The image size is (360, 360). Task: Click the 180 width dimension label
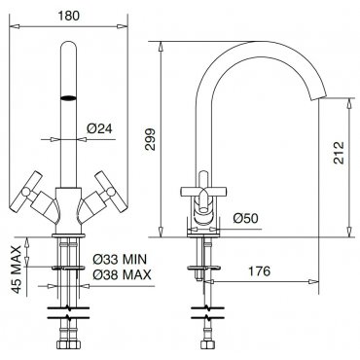(x=68, y=15)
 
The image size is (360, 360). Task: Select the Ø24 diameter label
(x=99, y=128)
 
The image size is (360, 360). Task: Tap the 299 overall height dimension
(x=150, y=139)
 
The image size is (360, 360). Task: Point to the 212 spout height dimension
(x=339, y=153)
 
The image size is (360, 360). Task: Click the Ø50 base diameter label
(x=246, y=218)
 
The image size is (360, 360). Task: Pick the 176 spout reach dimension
(x=259, y=270)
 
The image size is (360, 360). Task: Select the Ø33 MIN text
(x=120, y=259)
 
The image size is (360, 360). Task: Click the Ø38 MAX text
(x=122, y=274)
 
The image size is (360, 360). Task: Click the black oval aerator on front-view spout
(x=68, y=97)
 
